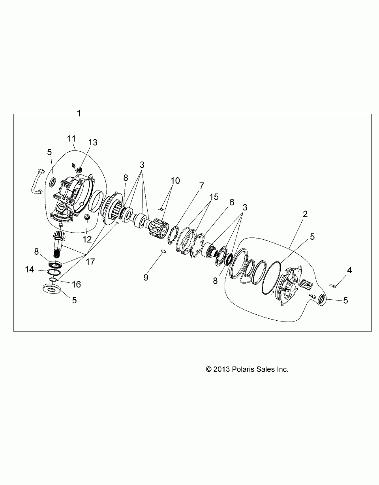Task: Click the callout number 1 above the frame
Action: [x=79, y=113]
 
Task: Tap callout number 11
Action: [x=71, y=139]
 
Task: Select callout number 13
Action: [x=93, y=143]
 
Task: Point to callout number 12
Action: [x=86, y=239]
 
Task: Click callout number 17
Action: [x=90, y=261]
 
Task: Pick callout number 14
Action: [x=30, y=269]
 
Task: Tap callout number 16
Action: [x=76, y=284]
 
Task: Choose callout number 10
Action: [x=175, y=180]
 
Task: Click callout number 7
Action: [x=201, y=185]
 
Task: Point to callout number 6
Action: [x=231, y=202]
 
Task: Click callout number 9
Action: [x=146, y=277]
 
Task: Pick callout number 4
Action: [x=349, y=270]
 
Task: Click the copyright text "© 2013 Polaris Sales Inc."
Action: [x=247, y=369]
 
